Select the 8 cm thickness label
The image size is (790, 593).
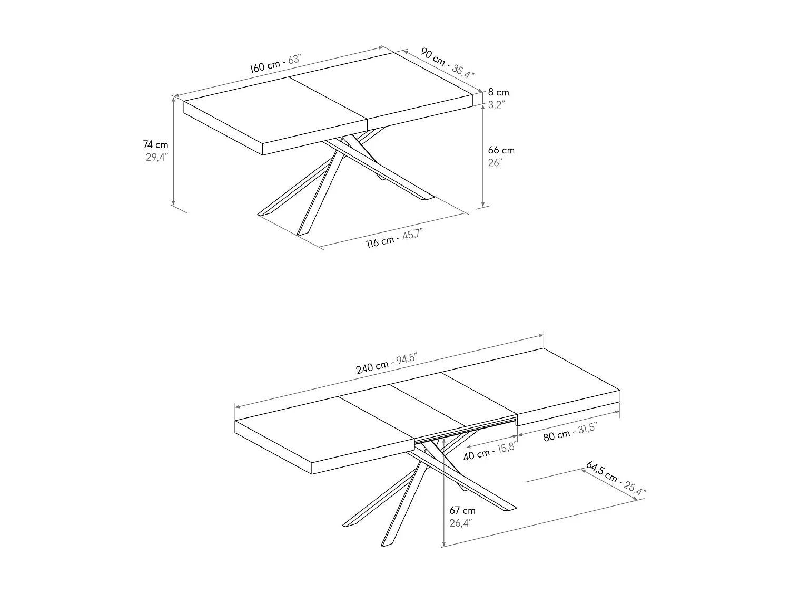tap(498, 92)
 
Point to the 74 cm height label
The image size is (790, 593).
tap(155, 144)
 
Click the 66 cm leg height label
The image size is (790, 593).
tap(501, 150)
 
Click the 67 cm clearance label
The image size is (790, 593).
tap(462, 510)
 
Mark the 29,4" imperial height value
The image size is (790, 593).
tap(156, 157)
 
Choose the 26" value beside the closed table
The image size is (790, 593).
tap(495, 162)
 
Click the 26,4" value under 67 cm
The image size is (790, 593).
tap(461, 523)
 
